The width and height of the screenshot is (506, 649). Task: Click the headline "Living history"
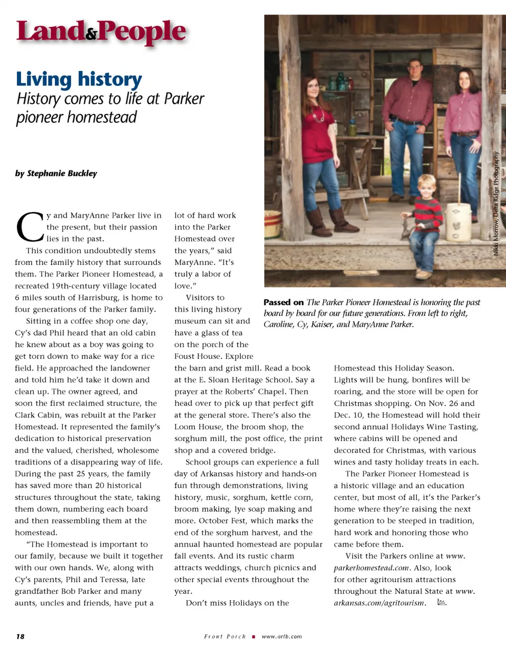(79, 79)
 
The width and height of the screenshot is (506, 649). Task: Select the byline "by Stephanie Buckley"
(56, 173)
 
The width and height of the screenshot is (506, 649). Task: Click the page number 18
(20, 636)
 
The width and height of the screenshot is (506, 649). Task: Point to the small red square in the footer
(254, 636)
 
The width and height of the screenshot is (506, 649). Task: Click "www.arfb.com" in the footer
(281, 636)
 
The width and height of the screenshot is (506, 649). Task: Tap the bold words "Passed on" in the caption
(284, 302)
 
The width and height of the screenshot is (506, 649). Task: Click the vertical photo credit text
(496, 204)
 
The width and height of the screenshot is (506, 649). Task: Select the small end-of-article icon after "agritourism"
(442, 603)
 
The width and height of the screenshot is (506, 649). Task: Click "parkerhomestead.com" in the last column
(372, 567)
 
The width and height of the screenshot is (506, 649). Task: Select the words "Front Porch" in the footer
(225, 636)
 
